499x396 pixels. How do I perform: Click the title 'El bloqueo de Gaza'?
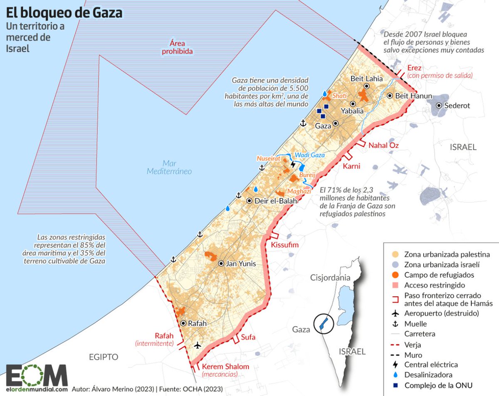[x=64, y=13]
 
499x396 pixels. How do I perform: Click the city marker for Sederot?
[x=439, y=106]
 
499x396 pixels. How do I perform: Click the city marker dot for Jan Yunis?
[x=221, y=263]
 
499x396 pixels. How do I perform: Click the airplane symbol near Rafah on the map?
[x=198, y=345]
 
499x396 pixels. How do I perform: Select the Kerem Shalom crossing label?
[x=225, y=366]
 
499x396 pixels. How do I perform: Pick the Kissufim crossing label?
[x=285, y=245]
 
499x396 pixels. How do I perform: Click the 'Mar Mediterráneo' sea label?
[x=169, y=167]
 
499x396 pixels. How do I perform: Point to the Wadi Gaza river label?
[x=310, y=155]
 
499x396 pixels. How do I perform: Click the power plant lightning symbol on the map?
[x=293, y=164]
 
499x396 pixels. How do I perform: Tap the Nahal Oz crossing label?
[x=383, y=145]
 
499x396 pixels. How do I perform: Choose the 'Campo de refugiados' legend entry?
[x=439, y=275]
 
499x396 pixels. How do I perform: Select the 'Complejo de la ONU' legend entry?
[x=438, y=385]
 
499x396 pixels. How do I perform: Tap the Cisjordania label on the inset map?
[x=330, y=278]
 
